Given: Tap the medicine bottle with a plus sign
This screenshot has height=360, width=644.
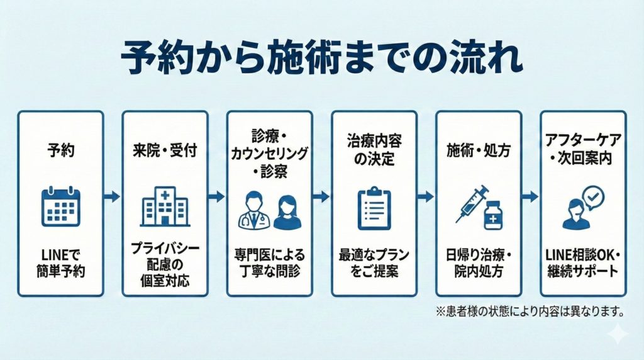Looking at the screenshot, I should (x=493, y=215).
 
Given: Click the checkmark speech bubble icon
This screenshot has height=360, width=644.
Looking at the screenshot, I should (x=592, y=198).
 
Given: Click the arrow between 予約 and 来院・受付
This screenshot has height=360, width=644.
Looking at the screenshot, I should (x=113, y=197).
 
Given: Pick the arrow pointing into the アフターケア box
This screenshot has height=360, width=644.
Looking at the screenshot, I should (x=531, y=197).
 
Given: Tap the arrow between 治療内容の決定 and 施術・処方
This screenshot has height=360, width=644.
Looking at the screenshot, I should (x=426, y=197).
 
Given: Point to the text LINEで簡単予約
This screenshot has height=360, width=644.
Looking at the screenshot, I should (x=60, y=264).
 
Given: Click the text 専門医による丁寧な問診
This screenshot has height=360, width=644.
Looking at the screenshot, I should (x=269, y=264).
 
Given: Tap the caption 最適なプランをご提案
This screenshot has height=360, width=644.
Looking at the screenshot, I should (x=374, y=264).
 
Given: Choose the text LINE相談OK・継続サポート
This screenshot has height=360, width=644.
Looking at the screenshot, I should (x=582, y=264).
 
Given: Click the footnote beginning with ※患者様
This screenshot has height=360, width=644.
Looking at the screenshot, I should (x=530, y=310).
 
